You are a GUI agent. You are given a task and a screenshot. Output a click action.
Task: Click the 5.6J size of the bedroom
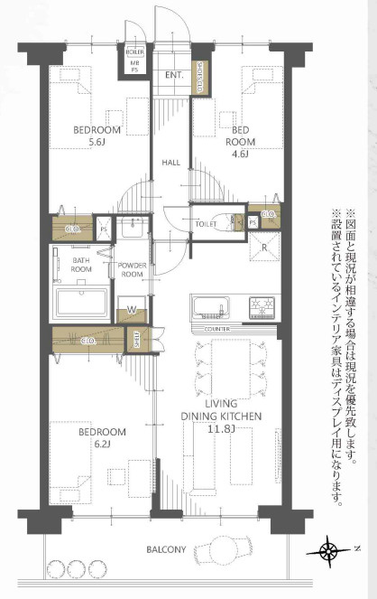click(96, 143)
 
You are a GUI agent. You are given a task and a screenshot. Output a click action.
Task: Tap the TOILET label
click(206, 223)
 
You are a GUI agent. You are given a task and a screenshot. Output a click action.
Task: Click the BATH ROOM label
click(82, 264)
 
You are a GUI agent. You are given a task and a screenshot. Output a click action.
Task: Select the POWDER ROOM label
click(133, 269)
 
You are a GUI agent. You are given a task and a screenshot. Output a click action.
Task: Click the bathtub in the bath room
click(82, 302)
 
